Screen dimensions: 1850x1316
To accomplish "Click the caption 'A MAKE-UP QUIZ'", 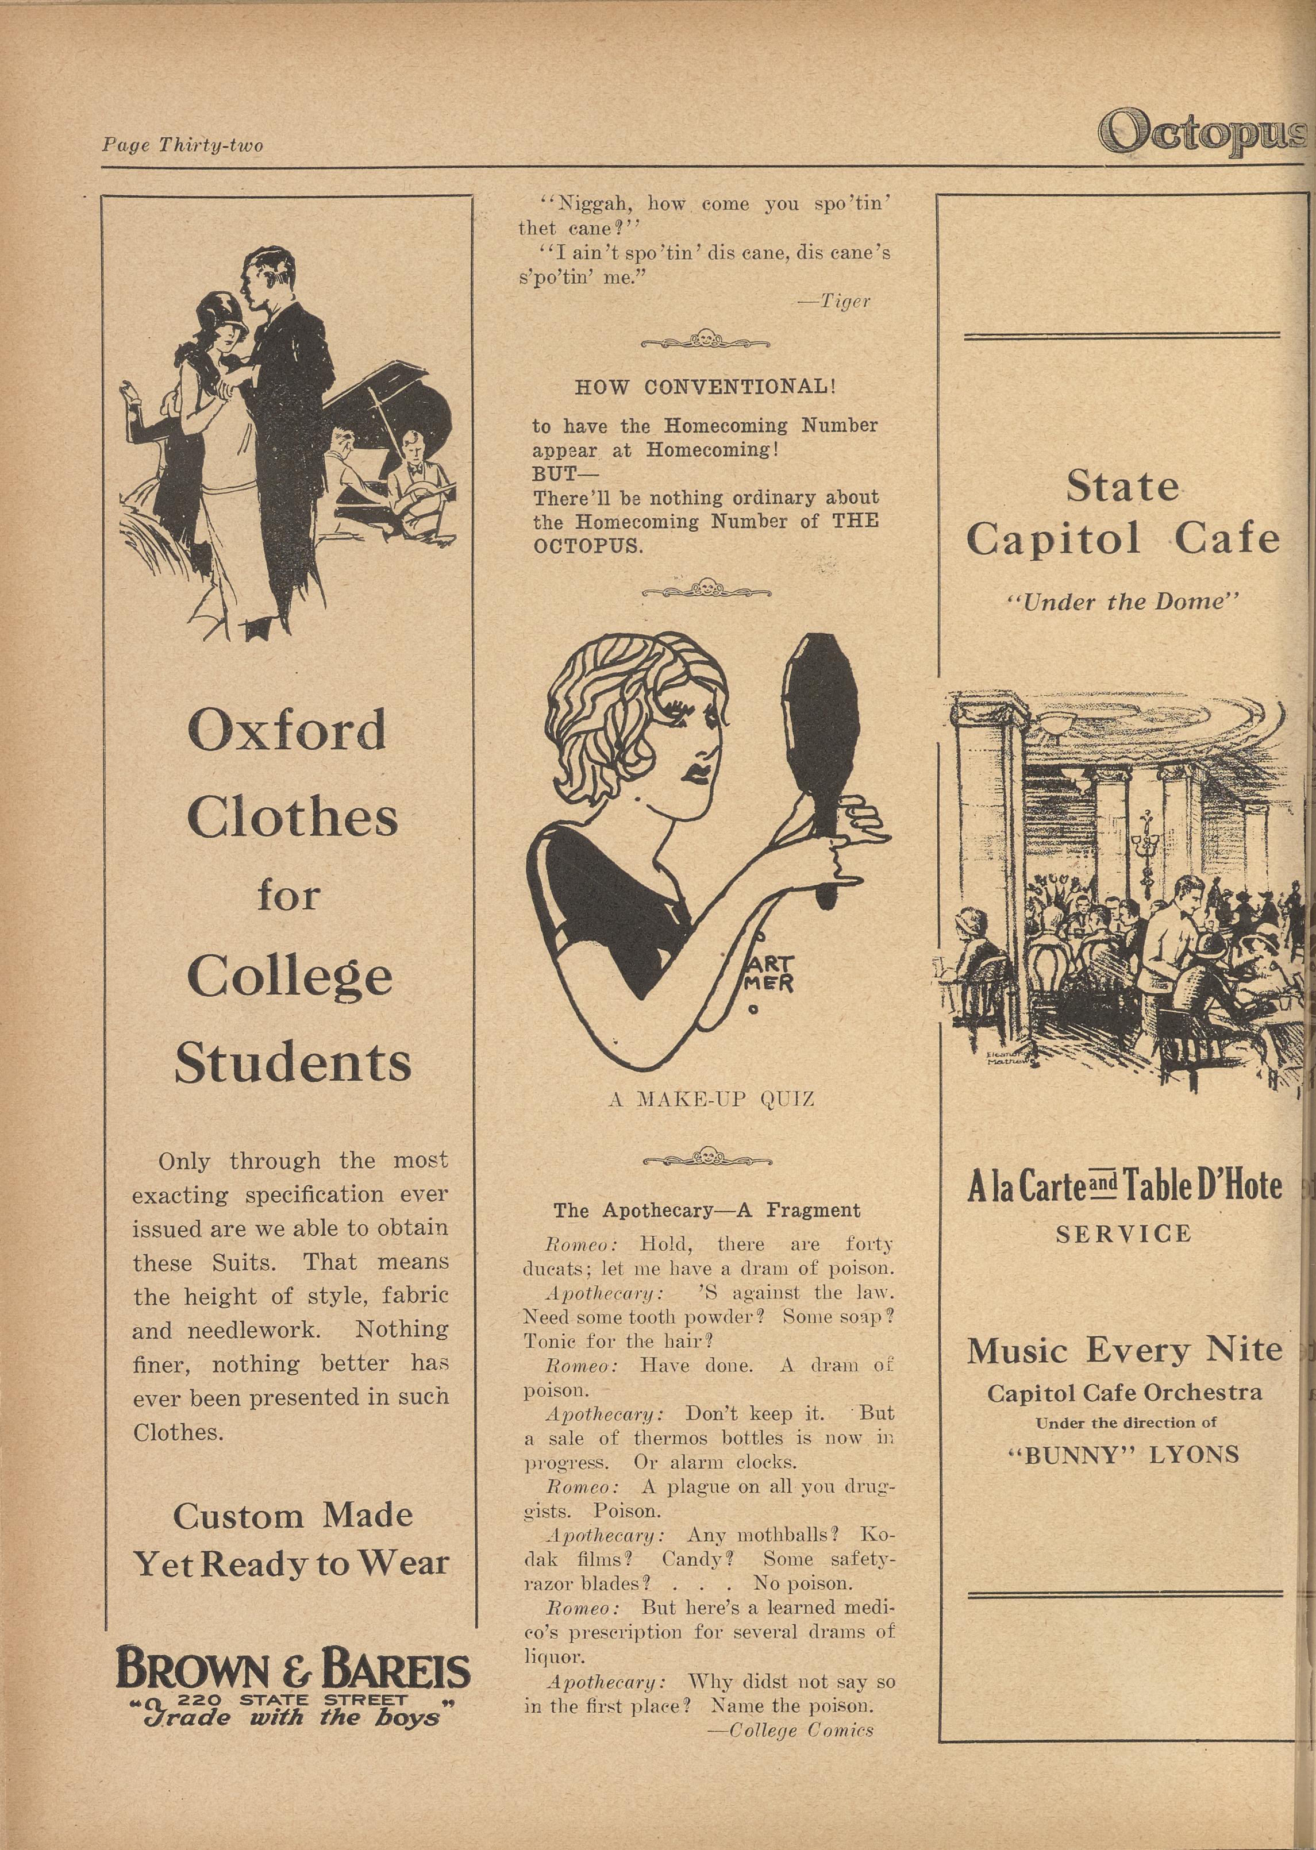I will [711, 1099].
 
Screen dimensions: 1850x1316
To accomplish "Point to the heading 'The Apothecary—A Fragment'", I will [707, 1210].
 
